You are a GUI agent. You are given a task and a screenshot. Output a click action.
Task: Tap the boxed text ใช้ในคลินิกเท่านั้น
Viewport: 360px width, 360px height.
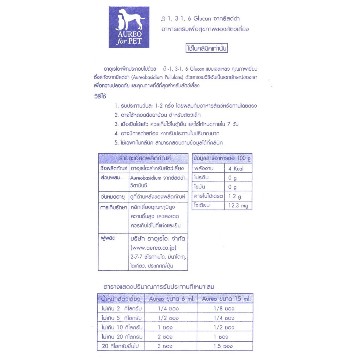pyautogui.click(x=207, y=48)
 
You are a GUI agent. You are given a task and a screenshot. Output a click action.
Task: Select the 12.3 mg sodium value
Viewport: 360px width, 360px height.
pyautogui.click(x=238, y=205)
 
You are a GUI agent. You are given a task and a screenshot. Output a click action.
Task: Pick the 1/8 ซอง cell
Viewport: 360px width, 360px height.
pyautogui.click(x=224, y=309)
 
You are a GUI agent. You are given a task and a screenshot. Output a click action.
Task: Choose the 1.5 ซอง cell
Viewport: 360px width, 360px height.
pyautogui.click(x=223, y=346)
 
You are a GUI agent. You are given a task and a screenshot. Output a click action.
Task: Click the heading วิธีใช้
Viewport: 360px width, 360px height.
pyautogui.click(x=101, y=96)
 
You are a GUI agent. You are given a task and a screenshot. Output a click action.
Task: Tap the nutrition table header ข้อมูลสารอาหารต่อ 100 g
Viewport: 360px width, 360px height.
pyautogui.click(x=222, y=159)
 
